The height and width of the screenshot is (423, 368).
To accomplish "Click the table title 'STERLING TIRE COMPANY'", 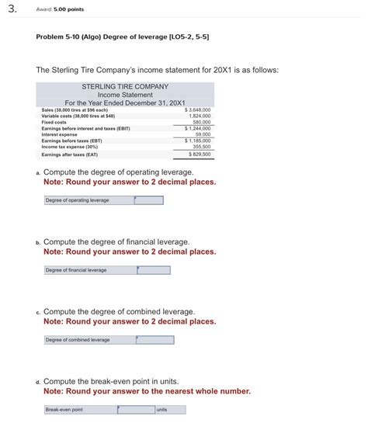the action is click(x=124, y=87).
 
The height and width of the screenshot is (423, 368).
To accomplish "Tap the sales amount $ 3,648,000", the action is click(x=198, y=110).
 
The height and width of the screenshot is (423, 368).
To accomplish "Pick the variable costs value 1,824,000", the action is click(x=200, y=116).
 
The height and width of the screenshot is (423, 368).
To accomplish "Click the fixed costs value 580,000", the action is click(x=201, y=122).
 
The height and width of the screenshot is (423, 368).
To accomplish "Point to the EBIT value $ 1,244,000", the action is click(x=198, y=128).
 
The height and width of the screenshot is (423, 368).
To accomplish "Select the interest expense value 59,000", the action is click(x=203, y=134).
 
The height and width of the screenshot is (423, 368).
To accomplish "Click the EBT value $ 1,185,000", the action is click(x=198, y=140).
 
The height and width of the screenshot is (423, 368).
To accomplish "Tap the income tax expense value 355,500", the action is click(x=201, y=146).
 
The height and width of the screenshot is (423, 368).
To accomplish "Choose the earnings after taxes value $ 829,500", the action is click(x=200, y=154).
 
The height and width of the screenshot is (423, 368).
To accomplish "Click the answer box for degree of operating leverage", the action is click(x=148, y=200).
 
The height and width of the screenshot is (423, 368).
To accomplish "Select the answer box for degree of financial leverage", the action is click(x=153, y=270).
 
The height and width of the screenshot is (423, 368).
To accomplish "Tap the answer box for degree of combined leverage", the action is click(x=154, y=340).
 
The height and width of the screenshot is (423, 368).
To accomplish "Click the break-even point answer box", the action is click(x=138, y=410).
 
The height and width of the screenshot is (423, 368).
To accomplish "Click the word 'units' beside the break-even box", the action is click(x=161, y=410).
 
